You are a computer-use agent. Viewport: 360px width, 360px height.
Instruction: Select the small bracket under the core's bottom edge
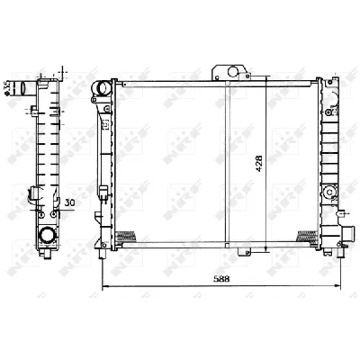[238, 248]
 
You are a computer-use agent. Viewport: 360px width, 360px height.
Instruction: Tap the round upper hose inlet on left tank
[102, 88]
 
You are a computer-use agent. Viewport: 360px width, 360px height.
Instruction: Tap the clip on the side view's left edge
[31, 193]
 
